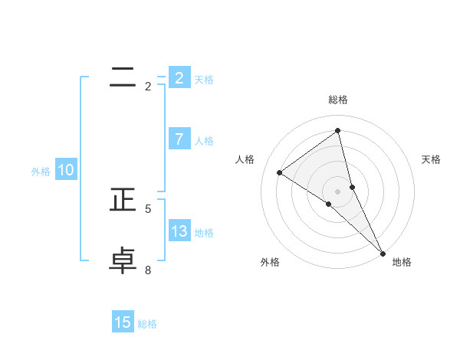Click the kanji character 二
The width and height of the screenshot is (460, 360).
tap(123, 77)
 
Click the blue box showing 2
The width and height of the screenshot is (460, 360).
tap(179, 77)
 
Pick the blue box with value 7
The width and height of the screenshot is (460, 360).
tap(179, 139)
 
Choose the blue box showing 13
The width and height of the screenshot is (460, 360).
tap(179, 231)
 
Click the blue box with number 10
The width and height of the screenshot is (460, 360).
tap(65, 170)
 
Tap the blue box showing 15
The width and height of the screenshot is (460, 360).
tap(123, 322)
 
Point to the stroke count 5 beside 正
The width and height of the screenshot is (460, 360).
tap(148, 208)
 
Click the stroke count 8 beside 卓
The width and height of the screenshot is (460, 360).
tap(148, 270)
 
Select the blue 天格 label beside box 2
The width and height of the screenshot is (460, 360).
tap(204, 79)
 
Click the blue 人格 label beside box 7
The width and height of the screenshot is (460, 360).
tap(204, 141)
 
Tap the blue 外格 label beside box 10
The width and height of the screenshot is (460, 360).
tap(41, 172)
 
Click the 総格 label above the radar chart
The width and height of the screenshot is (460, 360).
tap(338, 100)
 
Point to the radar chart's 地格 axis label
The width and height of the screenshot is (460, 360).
tap(402, 262)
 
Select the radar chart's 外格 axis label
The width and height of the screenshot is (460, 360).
tap(270, 262)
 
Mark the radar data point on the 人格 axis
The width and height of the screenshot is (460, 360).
tap(279, 172)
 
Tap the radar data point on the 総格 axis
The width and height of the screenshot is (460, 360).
tap(338, 130)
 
